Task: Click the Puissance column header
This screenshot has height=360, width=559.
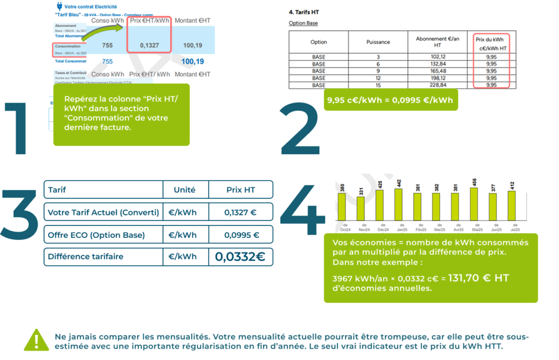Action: coord(378,42)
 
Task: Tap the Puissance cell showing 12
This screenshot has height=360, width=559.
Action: coord(378,78)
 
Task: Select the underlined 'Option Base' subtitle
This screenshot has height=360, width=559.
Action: coord(303,23)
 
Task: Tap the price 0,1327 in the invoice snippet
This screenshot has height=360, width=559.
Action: coord(149,45)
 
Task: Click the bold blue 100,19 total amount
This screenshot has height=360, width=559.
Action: coord(193,62)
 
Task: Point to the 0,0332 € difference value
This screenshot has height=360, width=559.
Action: coord(240,257)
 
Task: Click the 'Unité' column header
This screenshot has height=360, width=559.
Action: coord(186,190)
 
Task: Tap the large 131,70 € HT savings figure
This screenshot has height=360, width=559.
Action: coord(478,278)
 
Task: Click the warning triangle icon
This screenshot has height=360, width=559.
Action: coord(37,339)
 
